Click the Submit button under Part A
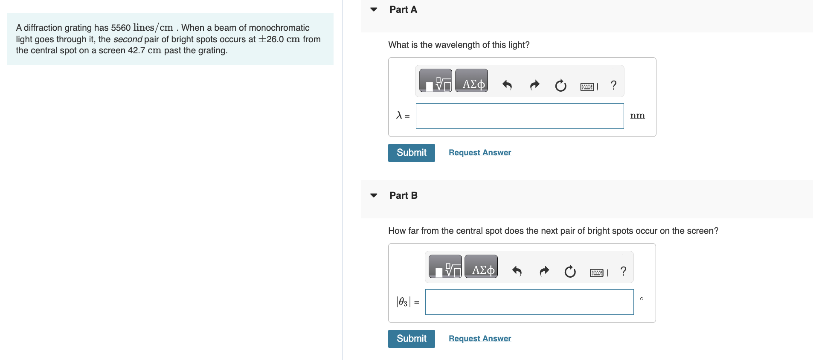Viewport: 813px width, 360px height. click(x=411, y=153)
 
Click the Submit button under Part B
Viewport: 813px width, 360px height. click(x=411, y=339)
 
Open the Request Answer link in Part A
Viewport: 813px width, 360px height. click(x=479, y=153)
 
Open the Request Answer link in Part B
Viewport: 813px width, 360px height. click(x=479, y=339)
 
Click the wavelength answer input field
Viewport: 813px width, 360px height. click(x=520, y=116)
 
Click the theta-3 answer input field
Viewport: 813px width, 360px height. click(x=529, y=302)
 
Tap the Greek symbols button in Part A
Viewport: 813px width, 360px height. click(x=471, y=81)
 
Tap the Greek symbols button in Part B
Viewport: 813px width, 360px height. click(x=481, y=267)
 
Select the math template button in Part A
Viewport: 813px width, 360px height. click(x=436, y=81)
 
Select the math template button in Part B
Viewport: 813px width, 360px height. click(x=445, y=267)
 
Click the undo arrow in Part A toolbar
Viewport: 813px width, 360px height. click(x=507, y=85)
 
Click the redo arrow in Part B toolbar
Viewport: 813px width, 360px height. click(x=544, y=271)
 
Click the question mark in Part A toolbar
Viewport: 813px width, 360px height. click(x=613, y=85)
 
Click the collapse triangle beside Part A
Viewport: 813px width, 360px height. click(x=374, y=9)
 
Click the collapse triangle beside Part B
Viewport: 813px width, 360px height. click(x=374, y=195)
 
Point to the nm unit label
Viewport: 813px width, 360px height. click(x=637, y=116)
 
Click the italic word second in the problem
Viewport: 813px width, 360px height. click(x=128, y=39)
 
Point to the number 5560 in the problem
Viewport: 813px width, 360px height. click(x=121, y=28)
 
